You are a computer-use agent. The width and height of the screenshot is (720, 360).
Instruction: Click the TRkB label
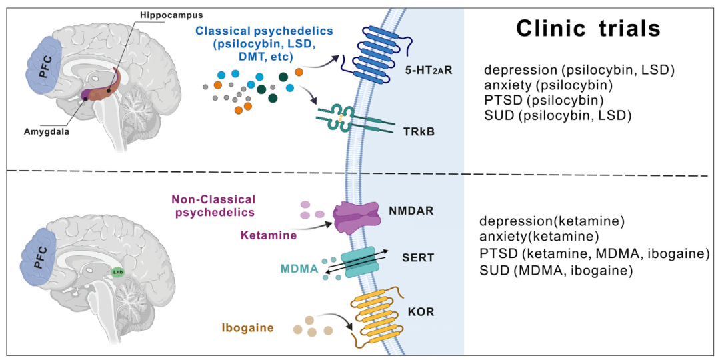point(419,131)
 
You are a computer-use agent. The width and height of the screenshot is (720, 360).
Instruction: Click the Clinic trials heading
point(589,28)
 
